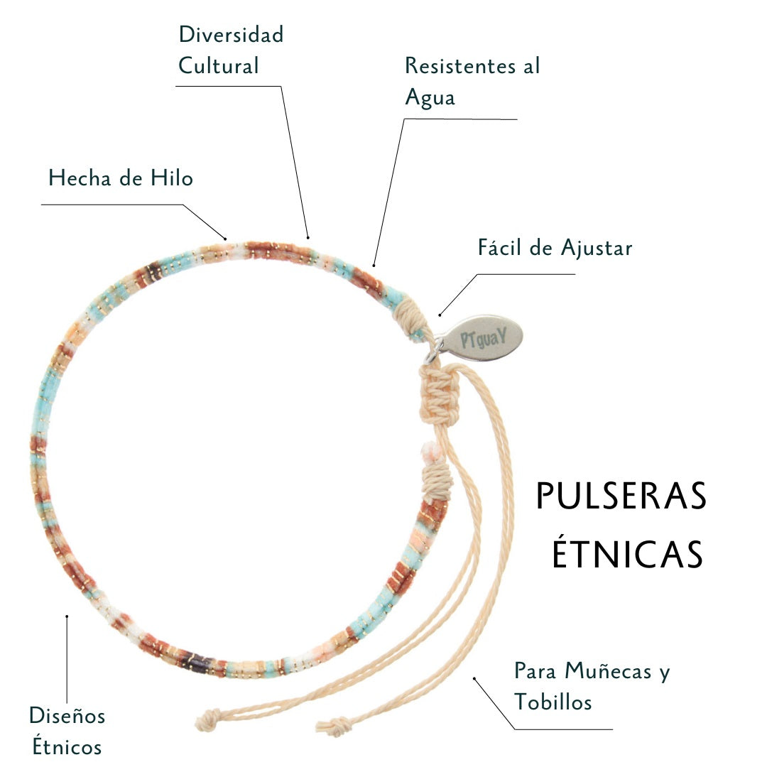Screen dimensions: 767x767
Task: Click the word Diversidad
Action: [231, 35]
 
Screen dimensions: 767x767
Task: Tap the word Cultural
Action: [218, 66]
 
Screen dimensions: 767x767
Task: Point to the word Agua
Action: [430, 98]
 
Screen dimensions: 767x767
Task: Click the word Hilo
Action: [171, 178]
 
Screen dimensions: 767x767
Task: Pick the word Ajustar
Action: [596, 249]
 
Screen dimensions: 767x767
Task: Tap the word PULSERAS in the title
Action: [621, 496]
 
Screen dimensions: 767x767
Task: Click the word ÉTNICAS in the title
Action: [628, 555]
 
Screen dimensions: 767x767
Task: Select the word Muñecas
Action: [609, 670]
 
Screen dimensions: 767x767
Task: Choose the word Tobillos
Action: [553, 702]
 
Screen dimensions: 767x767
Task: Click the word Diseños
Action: [67, 715]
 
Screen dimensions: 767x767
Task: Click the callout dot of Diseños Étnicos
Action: [67, 616]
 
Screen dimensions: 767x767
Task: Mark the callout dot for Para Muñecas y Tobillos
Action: [474, 678]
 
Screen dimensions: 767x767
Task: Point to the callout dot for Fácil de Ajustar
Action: [440, 314]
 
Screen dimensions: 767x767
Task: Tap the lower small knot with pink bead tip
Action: [436, 472]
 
